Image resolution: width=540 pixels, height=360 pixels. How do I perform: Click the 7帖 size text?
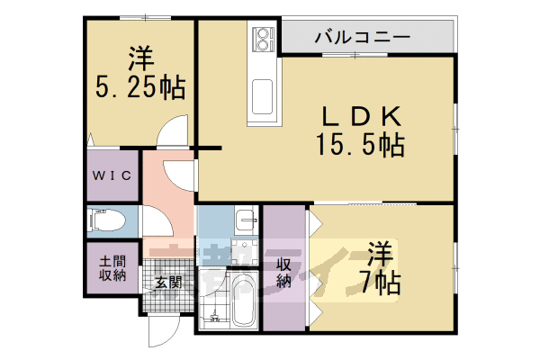pos(383,283)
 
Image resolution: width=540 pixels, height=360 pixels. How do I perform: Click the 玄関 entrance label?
pos(168,282)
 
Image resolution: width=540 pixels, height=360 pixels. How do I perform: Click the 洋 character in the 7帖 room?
pos(379,253)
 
